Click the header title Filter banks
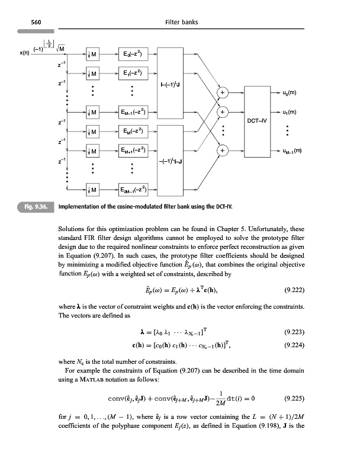pos(181,23)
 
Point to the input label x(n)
pos(8,53)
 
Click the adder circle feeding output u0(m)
pos(223,93)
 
